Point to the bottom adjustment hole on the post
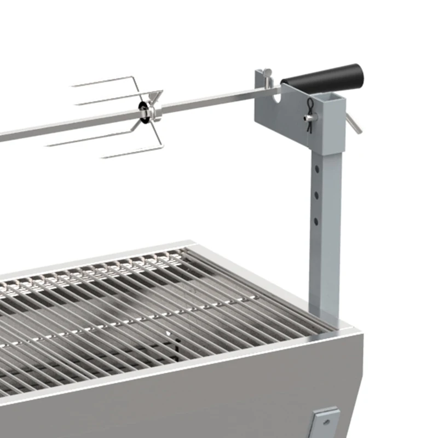tap(317, 221)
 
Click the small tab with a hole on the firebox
tap(324, 422)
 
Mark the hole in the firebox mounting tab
tap(327, 419)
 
